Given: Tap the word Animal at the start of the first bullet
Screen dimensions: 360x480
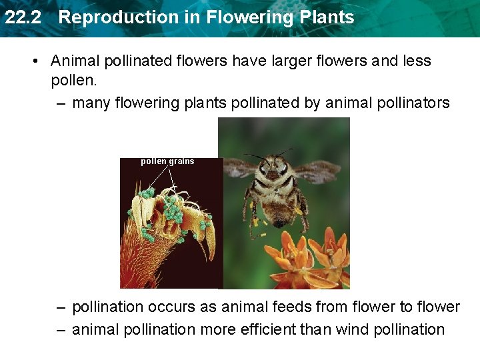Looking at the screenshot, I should click(74, 61).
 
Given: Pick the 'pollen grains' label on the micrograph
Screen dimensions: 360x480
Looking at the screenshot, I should click(167, 161).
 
